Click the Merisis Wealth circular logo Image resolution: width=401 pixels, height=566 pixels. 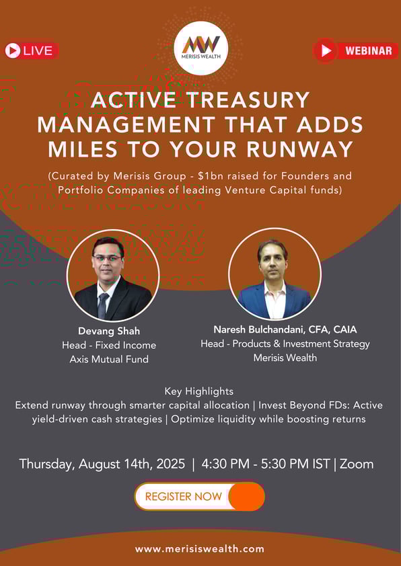(201, 48)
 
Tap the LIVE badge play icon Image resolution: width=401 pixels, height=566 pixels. (13, 50)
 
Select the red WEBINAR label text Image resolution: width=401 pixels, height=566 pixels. (369, 50)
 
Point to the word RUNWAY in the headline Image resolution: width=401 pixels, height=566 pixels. (300, 149)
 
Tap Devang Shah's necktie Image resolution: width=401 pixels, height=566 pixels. (102, 305)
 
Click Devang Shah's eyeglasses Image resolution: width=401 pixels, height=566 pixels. (107, 258)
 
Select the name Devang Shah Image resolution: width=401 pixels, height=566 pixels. (109, 331)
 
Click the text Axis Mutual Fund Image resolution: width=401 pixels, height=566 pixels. (109, 359)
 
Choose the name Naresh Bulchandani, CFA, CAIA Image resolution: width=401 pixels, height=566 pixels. (285, 329)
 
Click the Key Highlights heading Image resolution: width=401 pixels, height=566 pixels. (199, 392)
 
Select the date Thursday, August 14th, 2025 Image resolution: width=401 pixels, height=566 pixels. (102, 464)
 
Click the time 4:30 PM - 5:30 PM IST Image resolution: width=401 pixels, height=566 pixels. (266, 464)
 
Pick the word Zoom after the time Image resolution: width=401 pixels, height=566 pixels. (357, 464)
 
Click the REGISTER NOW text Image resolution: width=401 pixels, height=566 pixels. (184, 496)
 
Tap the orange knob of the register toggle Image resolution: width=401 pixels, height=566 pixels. (246, 496)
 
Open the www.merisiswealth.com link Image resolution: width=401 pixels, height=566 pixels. (200, 549)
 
